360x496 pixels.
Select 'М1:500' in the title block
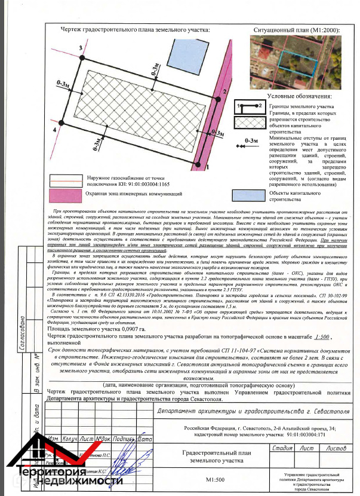[216, 479]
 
